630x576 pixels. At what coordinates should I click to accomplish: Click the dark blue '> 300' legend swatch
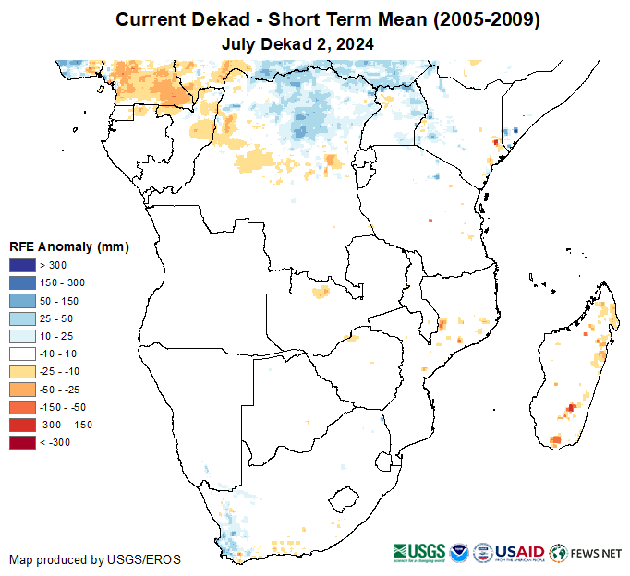(23, 266)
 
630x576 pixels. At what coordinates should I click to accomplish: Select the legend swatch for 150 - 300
(23, 283)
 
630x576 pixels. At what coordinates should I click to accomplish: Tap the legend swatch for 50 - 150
(23, 301)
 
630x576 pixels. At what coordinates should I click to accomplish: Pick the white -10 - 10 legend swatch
(23, 354)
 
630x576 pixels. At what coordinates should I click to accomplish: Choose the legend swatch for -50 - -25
(23, 389)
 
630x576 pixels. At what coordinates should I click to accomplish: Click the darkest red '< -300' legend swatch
(23, 442)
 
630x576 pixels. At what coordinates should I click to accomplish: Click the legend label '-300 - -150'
(67, 425)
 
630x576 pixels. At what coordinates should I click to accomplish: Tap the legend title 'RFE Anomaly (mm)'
(68, 246)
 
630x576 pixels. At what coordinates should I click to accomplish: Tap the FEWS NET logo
(586, 553)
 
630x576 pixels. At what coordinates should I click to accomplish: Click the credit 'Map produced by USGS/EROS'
(95, 559)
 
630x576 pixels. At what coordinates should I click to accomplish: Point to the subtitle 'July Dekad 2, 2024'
(297, 43)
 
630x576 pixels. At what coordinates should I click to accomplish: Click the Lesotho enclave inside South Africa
(344, 499)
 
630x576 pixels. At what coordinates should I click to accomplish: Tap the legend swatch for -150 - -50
(23, 406)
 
